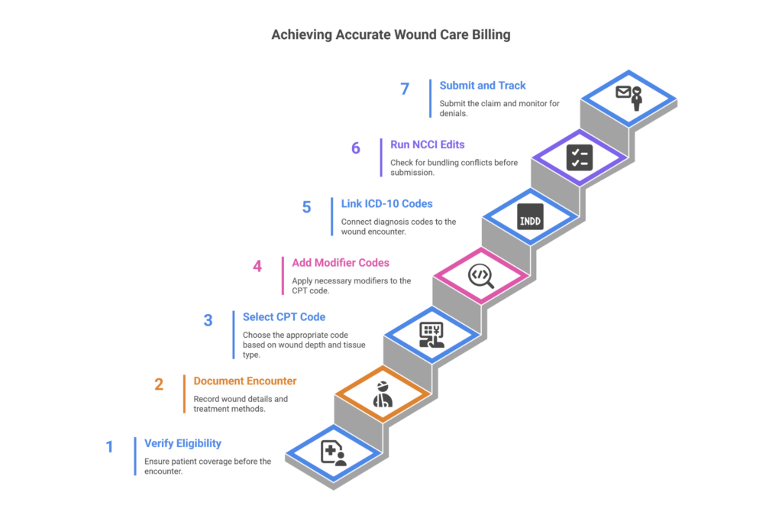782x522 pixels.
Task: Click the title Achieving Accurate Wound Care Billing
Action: [391, 35]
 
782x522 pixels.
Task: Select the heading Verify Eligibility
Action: [183, 443]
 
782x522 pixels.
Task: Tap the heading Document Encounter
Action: [245, 381]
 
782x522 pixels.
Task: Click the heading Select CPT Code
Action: [284, 316]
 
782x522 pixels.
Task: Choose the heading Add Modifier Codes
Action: [341, 263]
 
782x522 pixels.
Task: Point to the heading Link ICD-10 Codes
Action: [386, 204]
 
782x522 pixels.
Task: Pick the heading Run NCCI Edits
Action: [427, 144]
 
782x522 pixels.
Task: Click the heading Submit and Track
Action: [483, 86]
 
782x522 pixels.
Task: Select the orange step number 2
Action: [159, 384]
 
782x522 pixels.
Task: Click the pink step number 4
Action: [257, 267]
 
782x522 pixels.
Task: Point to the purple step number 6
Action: [356, 148]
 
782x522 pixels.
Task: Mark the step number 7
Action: [405, 89]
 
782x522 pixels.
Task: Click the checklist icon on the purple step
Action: [580, 157]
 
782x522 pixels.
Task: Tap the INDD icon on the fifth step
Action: [530, 216]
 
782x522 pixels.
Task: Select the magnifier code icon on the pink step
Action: [481, 275]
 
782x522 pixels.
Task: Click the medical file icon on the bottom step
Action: [333, 452]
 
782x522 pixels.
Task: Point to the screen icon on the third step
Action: [431, 335]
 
